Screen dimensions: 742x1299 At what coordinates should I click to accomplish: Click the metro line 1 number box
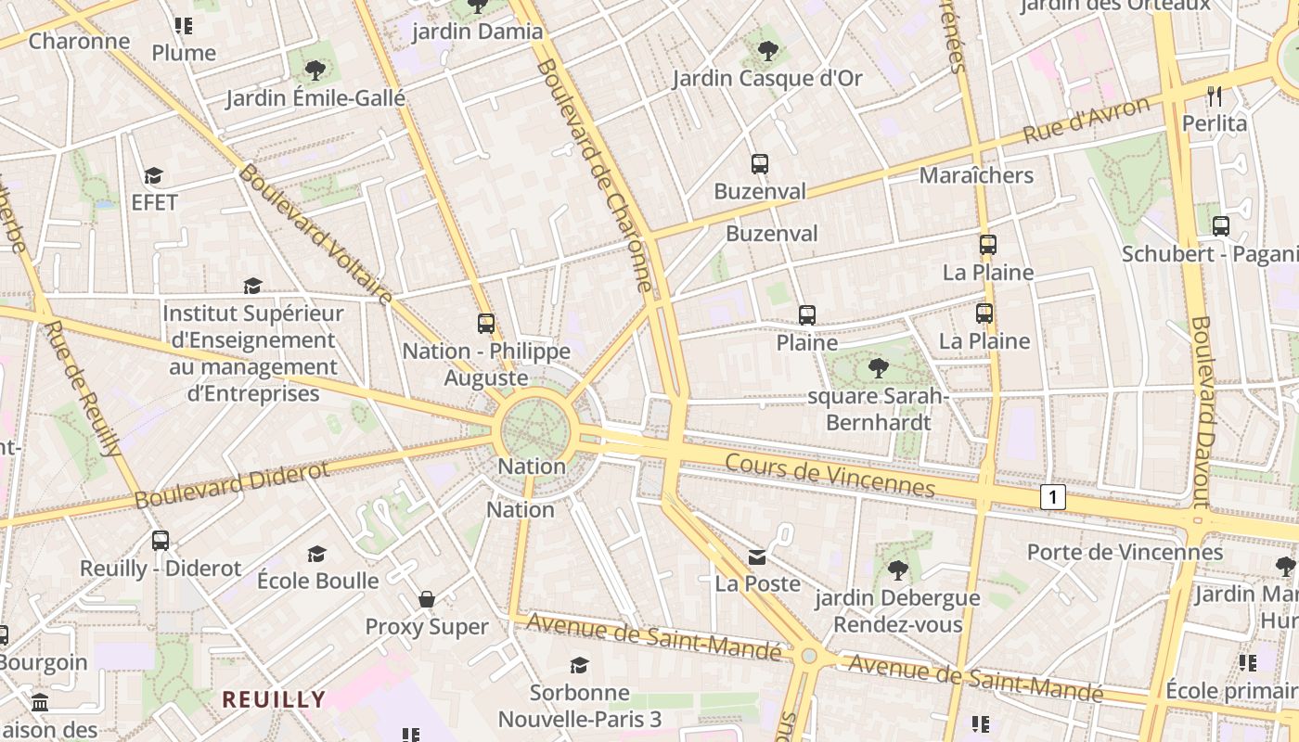pyautogui.click(x=1052, y=497)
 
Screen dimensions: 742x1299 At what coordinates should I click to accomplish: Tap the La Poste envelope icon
pyautogui.click(x=758, y=556)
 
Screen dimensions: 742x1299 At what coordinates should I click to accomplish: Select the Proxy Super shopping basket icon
pyautogui.click(x=427, y=599)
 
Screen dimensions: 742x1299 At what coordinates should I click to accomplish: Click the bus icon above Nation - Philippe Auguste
pyautogui.click(x=486, y=324)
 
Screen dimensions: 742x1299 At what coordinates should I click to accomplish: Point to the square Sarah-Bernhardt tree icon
pyautogui.click(x=878, y=368)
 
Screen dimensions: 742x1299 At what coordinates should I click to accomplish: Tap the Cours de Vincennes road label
pyautogui.click(x=830, y=475)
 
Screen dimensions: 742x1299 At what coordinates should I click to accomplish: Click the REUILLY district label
pyautogui.click(x=274, y=699)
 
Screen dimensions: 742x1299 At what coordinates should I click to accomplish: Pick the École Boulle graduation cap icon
pyautogui.click(x=317, y=554)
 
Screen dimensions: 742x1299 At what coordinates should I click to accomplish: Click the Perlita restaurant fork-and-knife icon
pyautogui.click(x=1215, y=96)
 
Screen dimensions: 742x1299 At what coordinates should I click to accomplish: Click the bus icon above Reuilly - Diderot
pyautogui.click(x=161, y=540)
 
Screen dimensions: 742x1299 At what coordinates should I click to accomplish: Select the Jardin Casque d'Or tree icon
pyautogui.click(x=767, y=51)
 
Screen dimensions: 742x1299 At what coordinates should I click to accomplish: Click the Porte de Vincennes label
pyautogui.click(x=1125, y=552)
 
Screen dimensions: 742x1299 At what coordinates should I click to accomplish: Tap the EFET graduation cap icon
pyautogui.click(x=154, y=175)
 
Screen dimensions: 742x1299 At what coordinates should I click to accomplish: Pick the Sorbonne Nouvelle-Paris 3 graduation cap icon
pyautogui.click(x=580, y=665)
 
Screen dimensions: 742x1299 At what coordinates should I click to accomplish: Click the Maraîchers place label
pyautogui.click(x=976, y=175)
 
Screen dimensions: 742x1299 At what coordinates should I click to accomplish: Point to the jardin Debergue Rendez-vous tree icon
pyautogui.click(x=897, y=569)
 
